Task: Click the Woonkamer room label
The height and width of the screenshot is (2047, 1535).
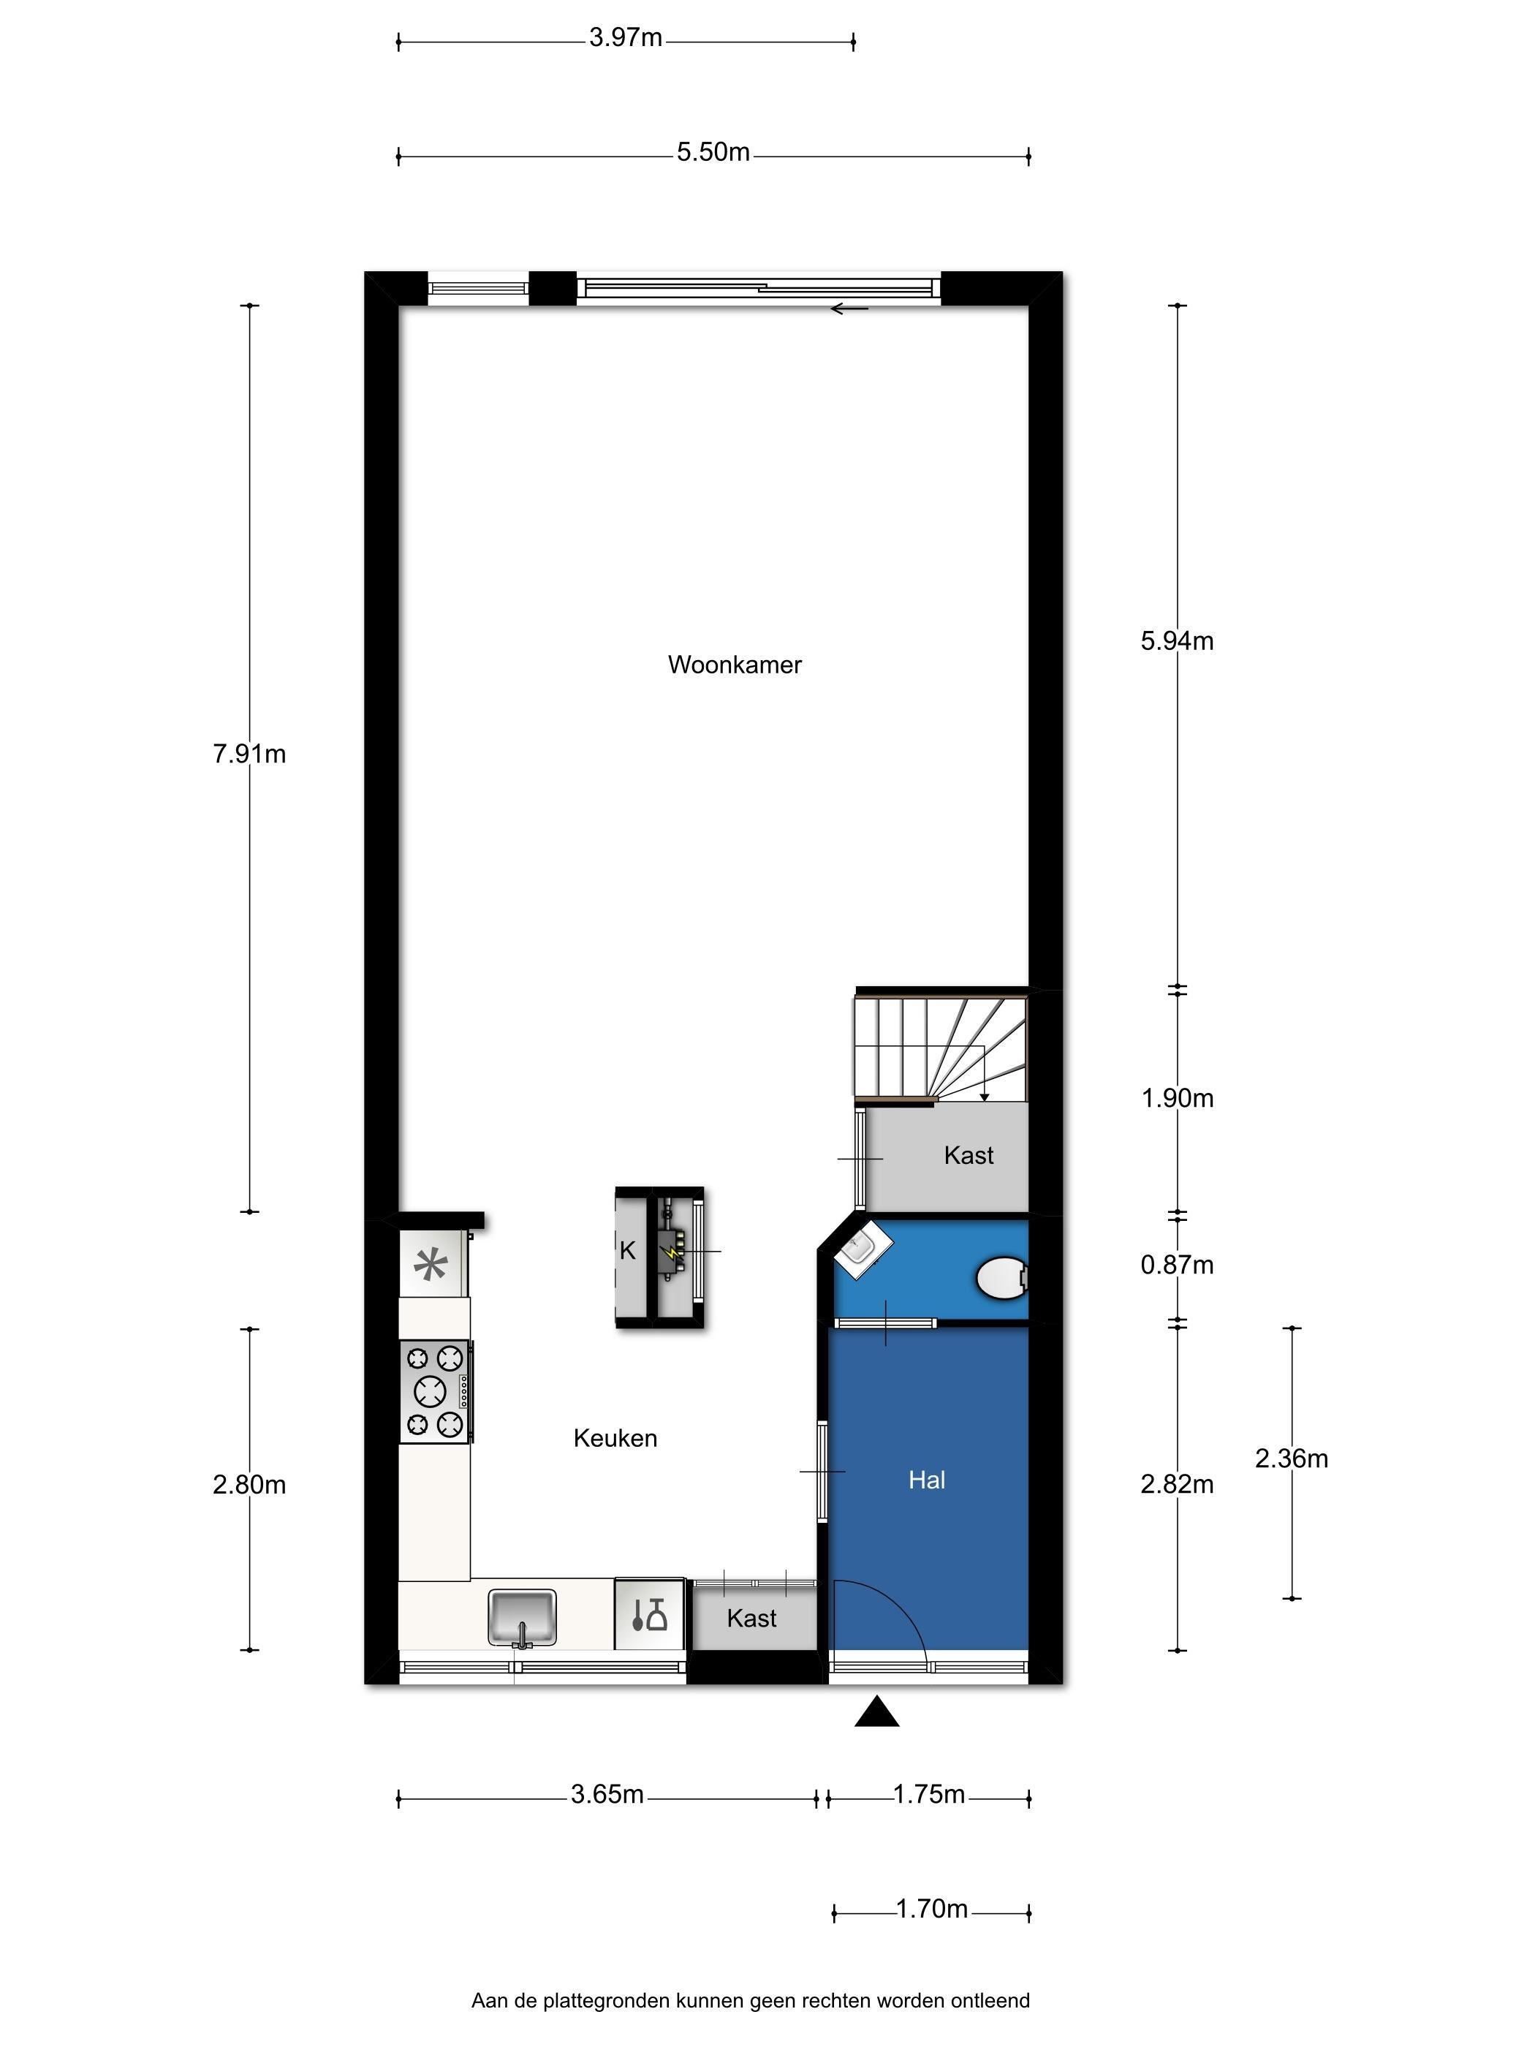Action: (735, 665)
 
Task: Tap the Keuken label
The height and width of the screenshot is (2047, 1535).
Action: (615, 1438)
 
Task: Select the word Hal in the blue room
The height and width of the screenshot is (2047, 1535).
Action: (926, 1480)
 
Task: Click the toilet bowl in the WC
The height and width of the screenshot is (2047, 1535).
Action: (1003, 1278)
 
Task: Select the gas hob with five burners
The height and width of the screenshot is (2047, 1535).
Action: (436, 1391)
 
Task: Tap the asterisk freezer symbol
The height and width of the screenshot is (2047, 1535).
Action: (431, 1264)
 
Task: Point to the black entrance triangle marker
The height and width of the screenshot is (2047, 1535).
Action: (877, 1713)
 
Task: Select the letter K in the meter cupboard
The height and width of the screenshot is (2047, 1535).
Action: (627, 1251)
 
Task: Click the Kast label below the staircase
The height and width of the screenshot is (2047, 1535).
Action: (969, 1155)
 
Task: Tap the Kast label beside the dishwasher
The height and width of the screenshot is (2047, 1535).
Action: (751, 1618)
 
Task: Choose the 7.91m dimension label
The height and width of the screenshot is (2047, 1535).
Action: (249, 754)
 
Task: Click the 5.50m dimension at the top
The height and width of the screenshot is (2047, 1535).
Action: (713, 152)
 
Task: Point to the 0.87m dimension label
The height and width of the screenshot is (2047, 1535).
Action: (1177, 1265)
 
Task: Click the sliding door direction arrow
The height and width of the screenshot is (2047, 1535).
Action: (849, 309)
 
